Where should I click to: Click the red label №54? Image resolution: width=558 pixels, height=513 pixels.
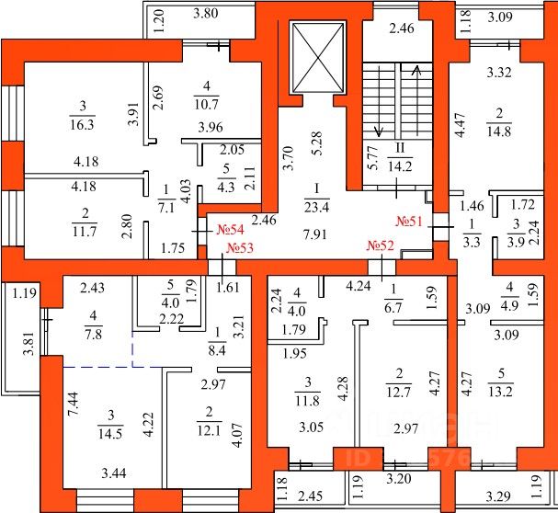tap(229, 229)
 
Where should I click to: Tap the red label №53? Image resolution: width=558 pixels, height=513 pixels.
tap(240, 247)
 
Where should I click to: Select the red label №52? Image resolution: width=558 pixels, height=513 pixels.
tap(381, 245)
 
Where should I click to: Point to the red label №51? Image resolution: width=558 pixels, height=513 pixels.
tap(408, 222)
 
